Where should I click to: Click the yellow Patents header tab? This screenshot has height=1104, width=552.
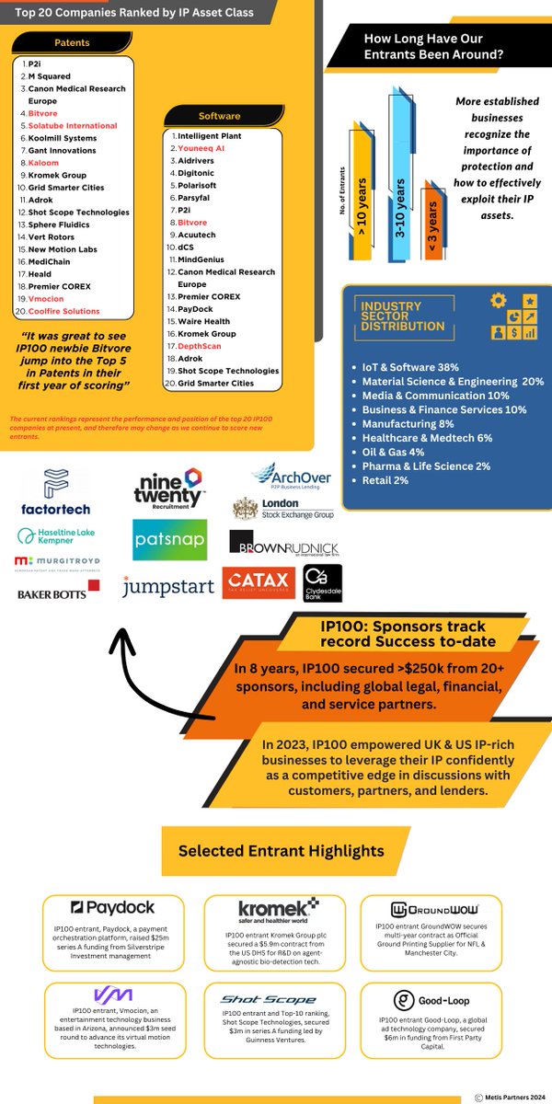click(72, 42)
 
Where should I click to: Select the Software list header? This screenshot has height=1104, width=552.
click(219, 116)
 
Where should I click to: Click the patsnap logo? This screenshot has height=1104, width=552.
click(169, 541)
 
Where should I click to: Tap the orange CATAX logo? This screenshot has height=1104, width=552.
click(258, 582)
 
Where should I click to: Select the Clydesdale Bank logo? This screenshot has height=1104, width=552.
click(323, 583)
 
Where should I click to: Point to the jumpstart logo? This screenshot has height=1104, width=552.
click(167, 586)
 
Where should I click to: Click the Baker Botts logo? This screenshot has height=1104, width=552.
click(58, 592)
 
